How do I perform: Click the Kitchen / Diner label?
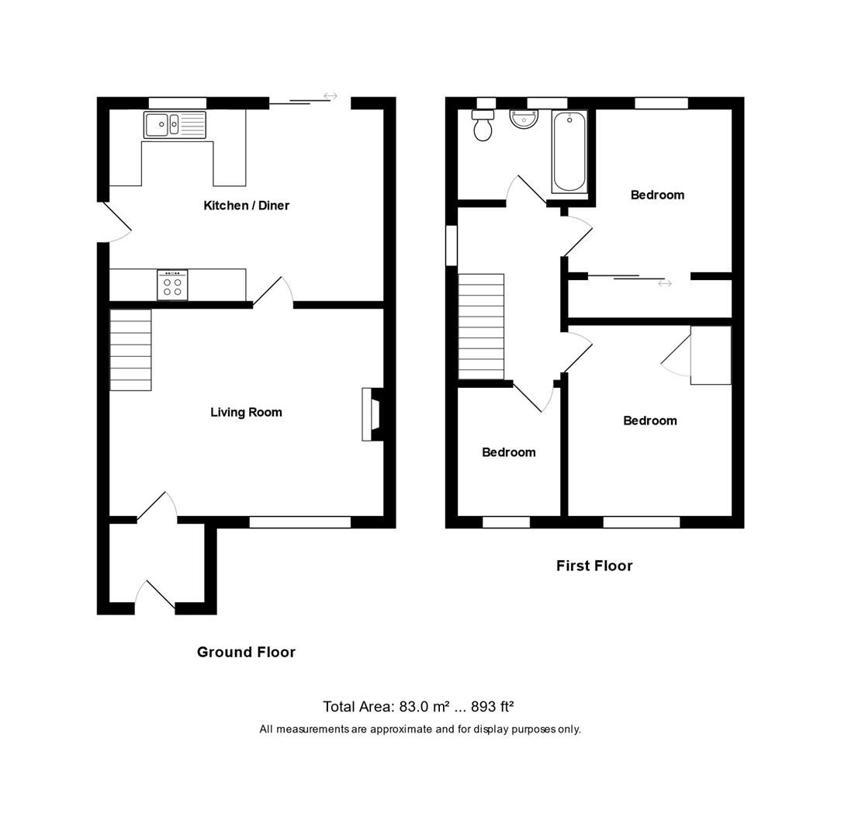tap(246, 206)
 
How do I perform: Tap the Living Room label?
tap(246, 412)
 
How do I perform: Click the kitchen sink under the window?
tap(175, 125)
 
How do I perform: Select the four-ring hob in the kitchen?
tap(172, 285)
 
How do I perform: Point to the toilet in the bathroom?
tap(483, 126)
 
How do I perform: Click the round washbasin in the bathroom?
tap(524, 119)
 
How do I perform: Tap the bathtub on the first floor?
tap(569, 151)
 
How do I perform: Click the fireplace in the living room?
tap(372, 414)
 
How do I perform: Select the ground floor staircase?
tap(130, 350)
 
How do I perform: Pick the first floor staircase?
tap(481, 326)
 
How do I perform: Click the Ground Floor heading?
tap(246, 652)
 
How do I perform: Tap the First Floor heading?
tap(594, 566)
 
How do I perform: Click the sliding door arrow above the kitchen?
tap(331, 96)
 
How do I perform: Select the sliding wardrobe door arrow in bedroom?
tap(665, 284)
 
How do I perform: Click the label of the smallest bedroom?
tap(508, 452)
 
